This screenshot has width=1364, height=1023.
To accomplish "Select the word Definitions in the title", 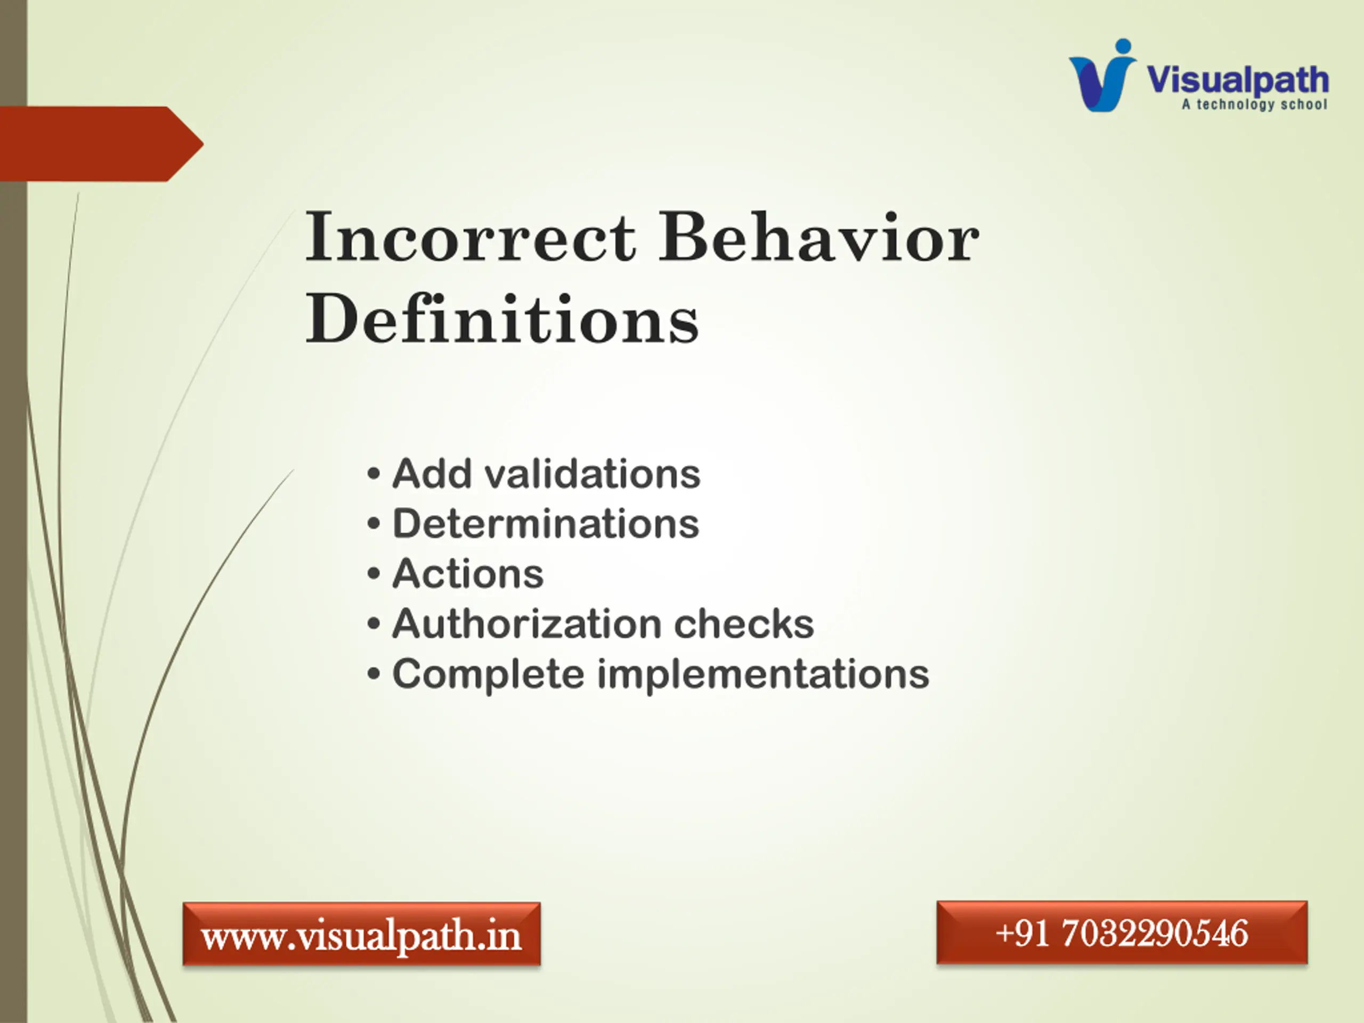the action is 502,318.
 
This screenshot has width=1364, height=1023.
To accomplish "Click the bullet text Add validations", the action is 546,474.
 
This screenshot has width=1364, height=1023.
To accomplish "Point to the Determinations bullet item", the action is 546,524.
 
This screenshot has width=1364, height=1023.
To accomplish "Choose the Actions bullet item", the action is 468,573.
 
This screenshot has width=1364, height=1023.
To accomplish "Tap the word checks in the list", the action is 744,623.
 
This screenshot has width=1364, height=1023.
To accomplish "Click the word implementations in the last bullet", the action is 763,675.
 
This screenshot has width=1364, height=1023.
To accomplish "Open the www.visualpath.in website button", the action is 361,933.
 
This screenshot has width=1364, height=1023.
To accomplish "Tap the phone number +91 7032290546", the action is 1122,932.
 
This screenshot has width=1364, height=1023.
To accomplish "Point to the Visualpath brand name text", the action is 1237,80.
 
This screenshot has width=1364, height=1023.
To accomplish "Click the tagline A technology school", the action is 1254,104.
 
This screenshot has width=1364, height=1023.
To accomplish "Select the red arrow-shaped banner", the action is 102,144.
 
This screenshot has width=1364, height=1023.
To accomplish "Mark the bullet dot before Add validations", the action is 373,474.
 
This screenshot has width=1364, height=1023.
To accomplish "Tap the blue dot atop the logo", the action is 1124,47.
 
